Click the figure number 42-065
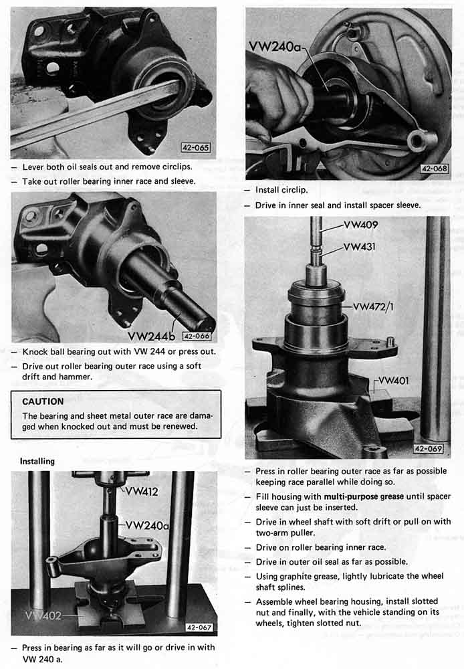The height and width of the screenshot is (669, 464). point(196,148)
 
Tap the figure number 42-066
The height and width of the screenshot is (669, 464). point(197,337)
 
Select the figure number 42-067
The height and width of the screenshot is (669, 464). point(199,628)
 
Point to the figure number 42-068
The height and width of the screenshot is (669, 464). point(434,169)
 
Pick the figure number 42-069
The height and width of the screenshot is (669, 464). point(428,449)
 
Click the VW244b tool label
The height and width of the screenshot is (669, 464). point(151,337)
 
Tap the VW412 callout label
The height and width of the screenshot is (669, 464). point(142,492)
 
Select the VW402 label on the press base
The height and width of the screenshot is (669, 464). point(43,615)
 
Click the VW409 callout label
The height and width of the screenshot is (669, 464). point(361,225)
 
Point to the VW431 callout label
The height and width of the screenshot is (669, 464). point(359,247)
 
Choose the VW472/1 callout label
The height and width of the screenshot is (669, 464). point(373,306)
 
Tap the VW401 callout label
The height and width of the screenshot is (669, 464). point(393,380)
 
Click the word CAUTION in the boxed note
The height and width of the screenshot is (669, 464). point(43,401)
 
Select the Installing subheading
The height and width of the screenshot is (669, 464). point(37,461)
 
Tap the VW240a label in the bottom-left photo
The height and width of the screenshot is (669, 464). point(147,525)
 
